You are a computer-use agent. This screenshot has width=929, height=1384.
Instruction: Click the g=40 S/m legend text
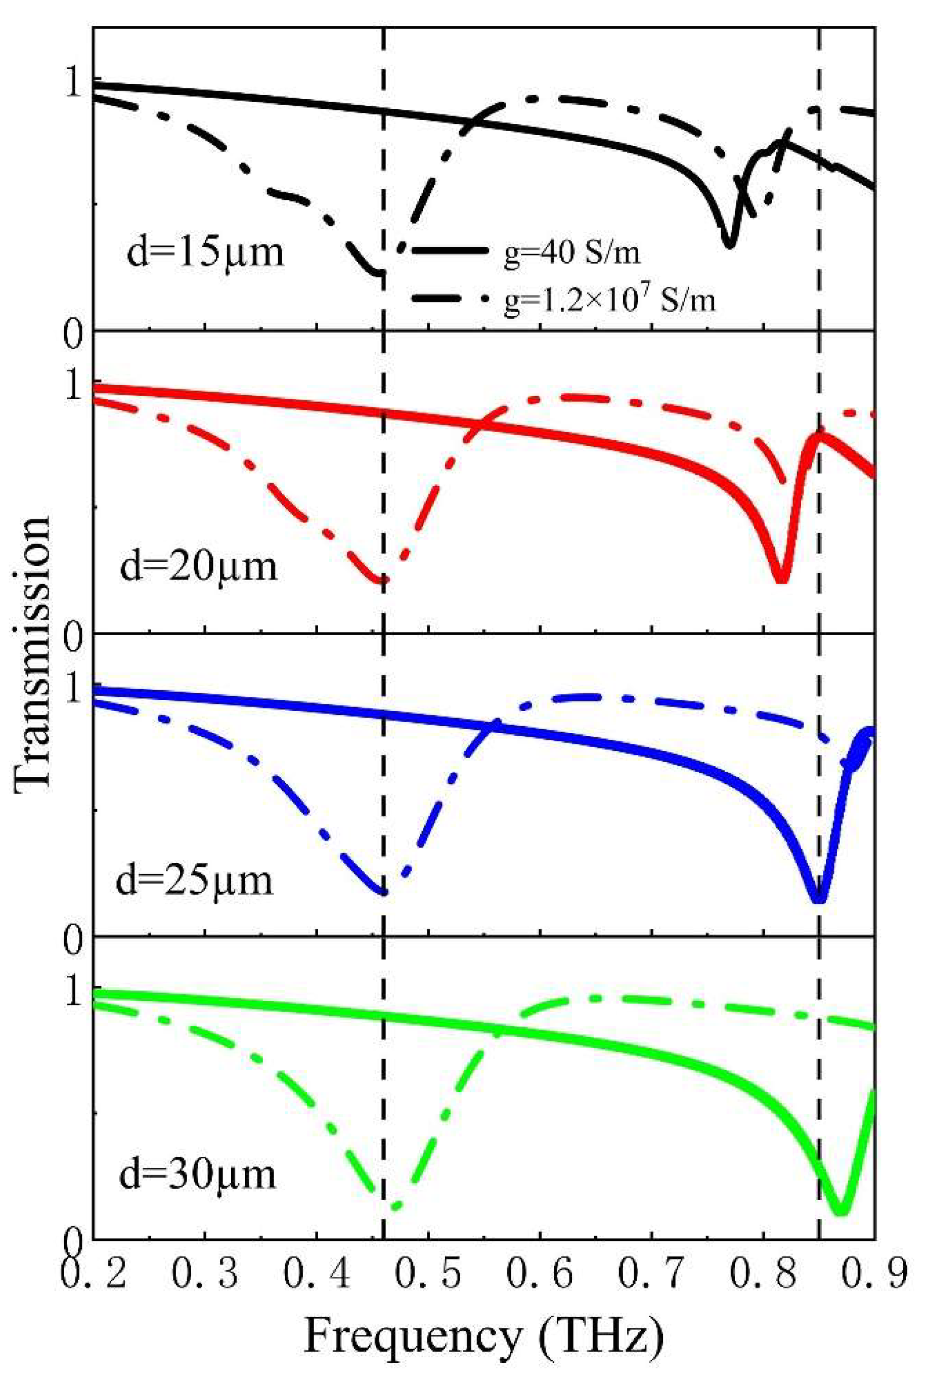tap(572, 255)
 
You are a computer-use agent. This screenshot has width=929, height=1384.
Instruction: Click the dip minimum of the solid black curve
tap(730, 243)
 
